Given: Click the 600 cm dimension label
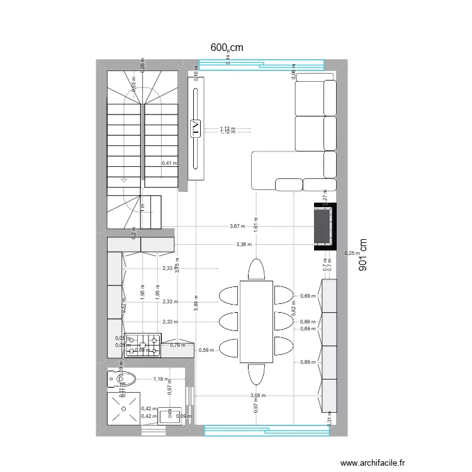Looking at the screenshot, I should pyautogui.click(x=227, y=48).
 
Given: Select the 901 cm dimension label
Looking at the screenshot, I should pyautogui.click(x=362, y=255).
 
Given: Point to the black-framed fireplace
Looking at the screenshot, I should pyautogui.click(x=324, y=227).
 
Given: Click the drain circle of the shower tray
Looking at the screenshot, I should pyautogui.click(x=123, y=408).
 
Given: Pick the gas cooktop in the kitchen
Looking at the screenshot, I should pyautogui.click(x=143, y=346).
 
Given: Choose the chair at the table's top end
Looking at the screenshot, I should pyautogui.click(x=256, y=269).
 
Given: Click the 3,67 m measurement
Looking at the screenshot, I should pyautogui.click(x=237, y=227).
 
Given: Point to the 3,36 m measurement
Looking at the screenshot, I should pyautogui.click(x=244, y=245).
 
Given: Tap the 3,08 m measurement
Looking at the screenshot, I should pyautogui.click(x=257, y=396).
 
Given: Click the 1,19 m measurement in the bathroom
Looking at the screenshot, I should pyautogui.click(x=160, y=379).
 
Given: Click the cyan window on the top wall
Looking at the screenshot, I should pyautogui.click(x=261, y=64).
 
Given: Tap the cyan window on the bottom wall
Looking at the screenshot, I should pyautogui.click(x=267, y=430).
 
